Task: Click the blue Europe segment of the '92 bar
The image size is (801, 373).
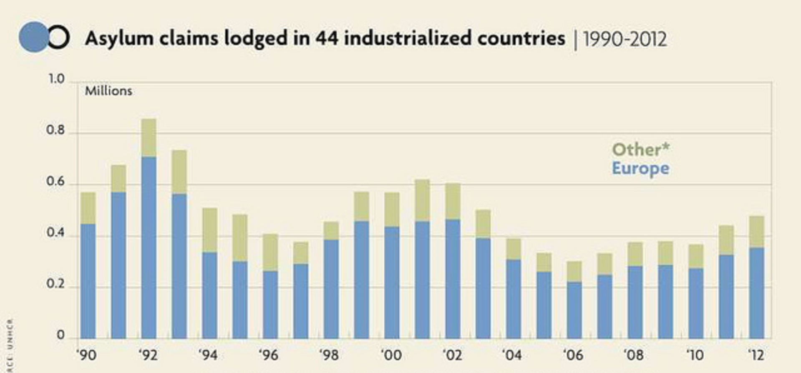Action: tap(149, 248)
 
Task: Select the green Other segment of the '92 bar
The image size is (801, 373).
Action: tap(149, 138)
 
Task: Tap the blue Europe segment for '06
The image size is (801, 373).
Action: tap(574, 310)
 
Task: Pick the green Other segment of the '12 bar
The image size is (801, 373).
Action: tap(756, 232)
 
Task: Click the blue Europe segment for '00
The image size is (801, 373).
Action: tap(392, 283)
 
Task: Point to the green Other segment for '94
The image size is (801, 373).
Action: tap(209, 230)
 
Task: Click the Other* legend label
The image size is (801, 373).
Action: tap(640, 150)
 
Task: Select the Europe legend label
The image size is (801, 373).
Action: tap(640, 168)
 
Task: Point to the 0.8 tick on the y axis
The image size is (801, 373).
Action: tap(55, 131)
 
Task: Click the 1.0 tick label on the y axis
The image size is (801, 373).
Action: tap(56, 79)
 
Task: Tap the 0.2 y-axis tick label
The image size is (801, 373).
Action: tap(55, 285)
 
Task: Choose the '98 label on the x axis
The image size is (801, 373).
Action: tap(329, 355)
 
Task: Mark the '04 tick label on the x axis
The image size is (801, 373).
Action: tap(511, 355)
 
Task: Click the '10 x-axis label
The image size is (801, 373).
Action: tap(695, 355)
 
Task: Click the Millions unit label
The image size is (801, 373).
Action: tap(108, 91)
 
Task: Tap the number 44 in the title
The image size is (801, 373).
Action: tap(326, 39)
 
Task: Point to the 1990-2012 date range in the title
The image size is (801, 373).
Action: tap(625, 40)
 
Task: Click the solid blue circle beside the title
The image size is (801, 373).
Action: tap(33, 37)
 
